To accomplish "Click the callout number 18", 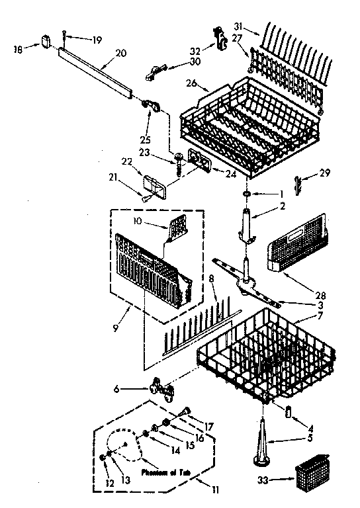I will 19,49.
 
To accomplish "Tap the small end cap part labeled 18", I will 46,40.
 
